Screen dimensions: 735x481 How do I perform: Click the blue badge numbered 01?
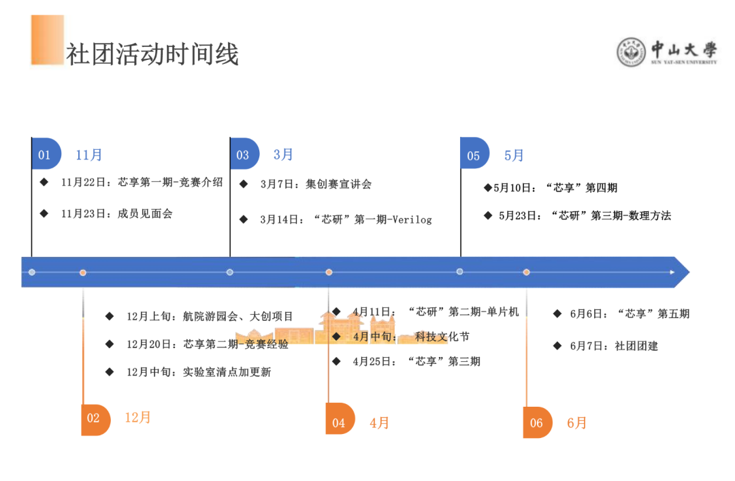point(46,153)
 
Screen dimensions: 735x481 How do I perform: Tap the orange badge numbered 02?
point(96,420)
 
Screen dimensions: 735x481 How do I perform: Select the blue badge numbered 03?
point(245,153)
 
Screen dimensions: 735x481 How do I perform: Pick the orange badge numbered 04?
point(340,418)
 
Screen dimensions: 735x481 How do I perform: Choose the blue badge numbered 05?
point(475,153)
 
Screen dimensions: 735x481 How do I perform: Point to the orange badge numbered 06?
point(538,422)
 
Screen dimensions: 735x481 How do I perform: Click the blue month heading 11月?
point(88,155)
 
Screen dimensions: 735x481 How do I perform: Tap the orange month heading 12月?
point(137,417)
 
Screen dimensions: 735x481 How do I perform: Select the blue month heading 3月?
point(283,155)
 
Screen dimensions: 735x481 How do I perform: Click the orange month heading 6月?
point(576,423)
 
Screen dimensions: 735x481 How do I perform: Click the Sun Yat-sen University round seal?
point(631,52)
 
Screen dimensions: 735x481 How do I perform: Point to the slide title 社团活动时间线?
point(152,54)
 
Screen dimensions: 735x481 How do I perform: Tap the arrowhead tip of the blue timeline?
point(689,272)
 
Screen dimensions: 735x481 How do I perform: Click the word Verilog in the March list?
point(412,219)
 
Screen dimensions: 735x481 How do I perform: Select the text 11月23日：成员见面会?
point(117,214)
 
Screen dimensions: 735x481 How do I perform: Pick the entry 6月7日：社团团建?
point(614,346)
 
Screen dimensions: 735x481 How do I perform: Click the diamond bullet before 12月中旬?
point(110,372)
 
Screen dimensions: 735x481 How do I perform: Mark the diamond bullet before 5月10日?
point(488,188)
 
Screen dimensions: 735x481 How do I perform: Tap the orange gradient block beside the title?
point(48,40)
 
